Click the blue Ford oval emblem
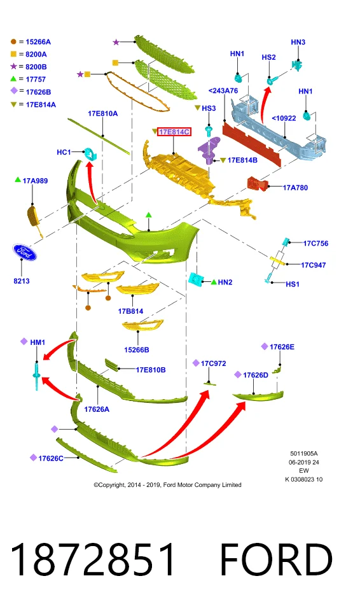[24, 253]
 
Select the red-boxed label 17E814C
[174, 132]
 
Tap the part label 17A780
[295, 188]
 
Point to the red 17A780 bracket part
[257, 183]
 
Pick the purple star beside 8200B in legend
[13, 67]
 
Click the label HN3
[298, 42]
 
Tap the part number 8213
[22, 281]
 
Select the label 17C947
[313, 265]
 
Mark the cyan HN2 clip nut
[194, 279]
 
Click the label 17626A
[97, 409]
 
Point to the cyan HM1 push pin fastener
[36, 376]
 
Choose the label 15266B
[136, 350]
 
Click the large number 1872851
[93, 559]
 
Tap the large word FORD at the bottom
[276, 559]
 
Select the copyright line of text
[167, 485]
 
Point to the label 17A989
[35, 181]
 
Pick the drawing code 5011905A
[304, 454]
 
